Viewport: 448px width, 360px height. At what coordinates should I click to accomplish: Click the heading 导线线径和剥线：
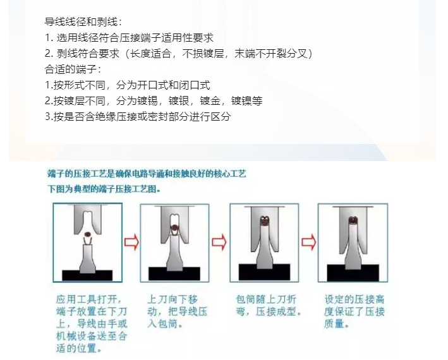(83, 22)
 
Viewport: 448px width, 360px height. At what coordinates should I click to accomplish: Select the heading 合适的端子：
(73, 69)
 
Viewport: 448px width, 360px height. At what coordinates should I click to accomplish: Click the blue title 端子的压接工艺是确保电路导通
(147, 173)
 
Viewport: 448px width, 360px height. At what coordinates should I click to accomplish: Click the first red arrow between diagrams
(131, 243)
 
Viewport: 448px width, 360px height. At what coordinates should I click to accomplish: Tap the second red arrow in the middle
(219, 243)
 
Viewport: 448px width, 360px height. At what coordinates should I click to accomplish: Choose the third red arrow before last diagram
(308, 243)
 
